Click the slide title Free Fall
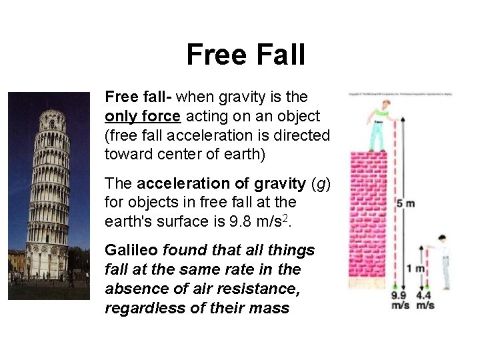point(245,54)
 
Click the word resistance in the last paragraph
point(263,289)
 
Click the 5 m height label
point(405,203)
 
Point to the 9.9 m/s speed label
point(399,300)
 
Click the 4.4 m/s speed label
point(425,300)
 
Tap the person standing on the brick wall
point(378,126)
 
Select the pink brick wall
point(367,220)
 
